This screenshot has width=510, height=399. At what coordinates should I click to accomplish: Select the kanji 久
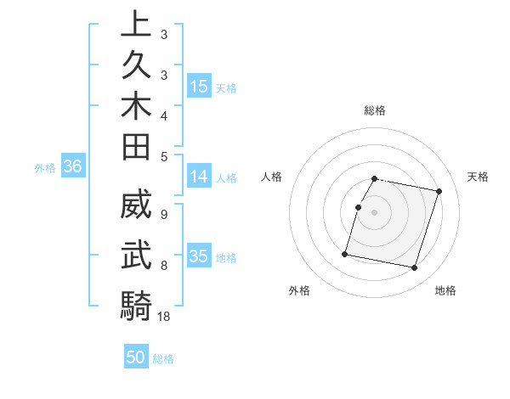tap(136, 65)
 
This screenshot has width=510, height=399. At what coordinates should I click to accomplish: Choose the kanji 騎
tap(136, 306)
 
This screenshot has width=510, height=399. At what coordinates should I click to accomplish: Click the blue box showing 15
tap(199, 87)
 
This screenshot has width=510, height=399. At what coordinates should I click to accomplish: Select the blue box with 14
tap(199, 177)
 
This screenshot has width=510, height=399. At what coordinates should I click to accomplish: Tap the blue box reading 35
tap(199, 256)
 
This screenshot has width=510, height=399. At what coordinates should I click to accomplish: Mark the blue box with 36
tap(73, 167)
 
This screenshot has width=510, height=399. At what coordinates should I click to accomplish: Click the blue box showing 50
tap(136, 357)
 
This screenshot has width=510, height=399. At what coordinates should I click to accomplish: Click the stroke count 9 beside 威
tap(163, 213)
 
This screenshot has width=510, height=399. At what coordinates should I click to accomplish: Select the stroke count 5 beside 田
tap(163, 156)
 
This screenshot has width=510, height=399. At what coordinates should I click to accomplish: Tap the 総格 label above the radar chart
tap(375, 110)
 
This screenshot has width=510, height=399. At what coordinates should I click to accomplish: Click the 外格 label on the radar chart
tap(299, 290)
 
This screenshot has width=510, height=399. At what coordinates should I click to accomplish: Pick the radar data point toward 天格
tap(439, 192)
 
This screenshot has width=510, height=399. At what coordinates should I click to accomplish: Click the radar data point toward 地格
tap(414, 268)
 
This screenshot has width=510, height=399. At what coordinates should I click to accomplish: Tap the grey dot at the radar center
tap(375, 212)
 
